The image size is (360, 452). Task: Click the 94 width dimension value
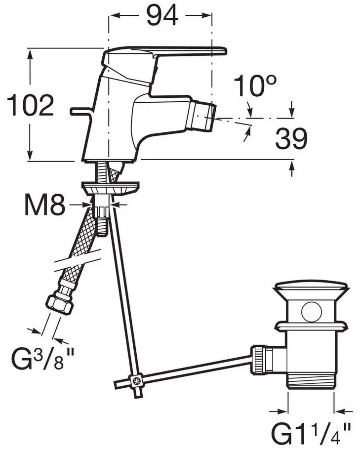[x=162, y=15]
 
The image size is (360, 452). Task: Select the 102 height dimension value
[x=30, y=105]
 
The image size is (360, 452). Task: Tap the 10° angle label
[x=255, y=85]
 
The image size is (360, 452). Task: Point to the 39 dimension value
[x=291, y=139]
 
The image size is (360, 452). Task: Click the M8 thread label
[x=44, y=205]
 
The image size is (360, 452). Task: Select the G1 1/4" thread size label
[x=311, y=434]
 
